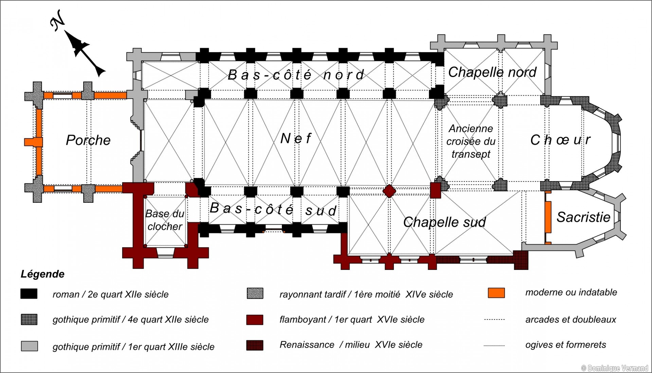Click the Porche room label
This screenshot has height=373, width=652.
point(88,140)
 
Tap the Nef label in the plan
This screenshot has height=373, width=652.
point(296,138)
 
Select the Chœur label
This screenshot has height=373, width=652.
point(560,140)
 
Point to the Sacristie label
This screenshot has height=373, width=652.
point(583,217)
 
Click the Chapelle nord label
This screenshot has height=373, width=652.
point(492,72)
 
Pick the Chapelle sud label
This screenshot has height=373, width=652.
point(445,222)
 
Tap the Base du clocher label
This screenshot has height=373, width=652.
point(165,220)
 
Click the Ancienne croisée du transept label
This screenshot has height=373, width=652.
point(471,141)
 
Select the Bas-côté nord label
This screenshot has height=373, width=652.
point(296,75)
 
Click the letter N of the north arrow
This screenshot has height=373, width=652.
point(58,20)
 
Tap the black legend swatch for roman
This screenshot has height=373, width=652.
point(29,294)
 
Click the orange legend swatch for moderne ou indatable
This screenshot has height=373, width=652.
point(496,293)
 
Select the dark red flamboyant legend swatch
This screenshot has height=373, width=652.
point(255,319)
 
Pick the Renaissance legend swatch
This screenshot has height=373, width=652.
point(255,345)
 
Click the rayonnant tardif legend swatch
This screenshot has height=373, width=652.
point(255,294)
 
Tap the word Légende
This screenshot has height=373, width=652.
point(42,274)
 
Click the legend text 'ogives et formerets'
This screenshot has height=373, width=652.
point(565,345)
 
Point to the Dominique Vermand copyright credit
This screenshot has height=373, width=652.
point(614,368)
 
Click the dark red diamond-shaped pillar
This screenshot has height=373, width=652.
point(389,191)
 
